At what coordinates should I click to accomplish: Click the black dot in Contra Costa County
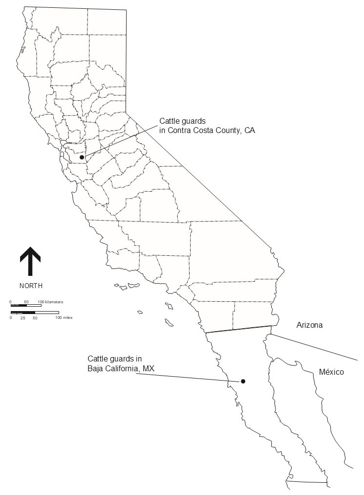click(x=82, y=157)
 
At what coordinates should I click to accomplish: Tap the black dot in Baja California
click(x=243, y=381)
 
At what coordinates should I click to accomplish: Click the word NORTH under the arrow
click(x=31, y=286)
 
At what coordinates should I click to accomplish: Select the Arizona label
click(x=310, y=325)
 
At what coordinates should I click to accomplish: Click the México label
click(x=331, y=372)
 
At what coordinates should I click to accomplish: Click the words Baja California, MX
click(x=121, y=368)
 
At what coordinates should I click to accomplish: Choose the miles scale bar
click(x=34, y=312)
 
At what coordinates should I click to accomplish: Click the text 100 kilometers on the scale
click(x=50, y=301)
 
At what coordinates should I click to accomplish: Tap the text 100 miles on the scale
click(x=64, y=318)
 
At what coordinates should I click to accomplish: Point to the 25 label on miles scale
click(x=22, y=318)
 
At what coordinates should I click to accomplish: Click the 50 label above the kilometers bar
click(x=26, y=301)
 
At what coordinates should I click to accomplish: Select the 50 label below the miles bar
click(x=35, y=318)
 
